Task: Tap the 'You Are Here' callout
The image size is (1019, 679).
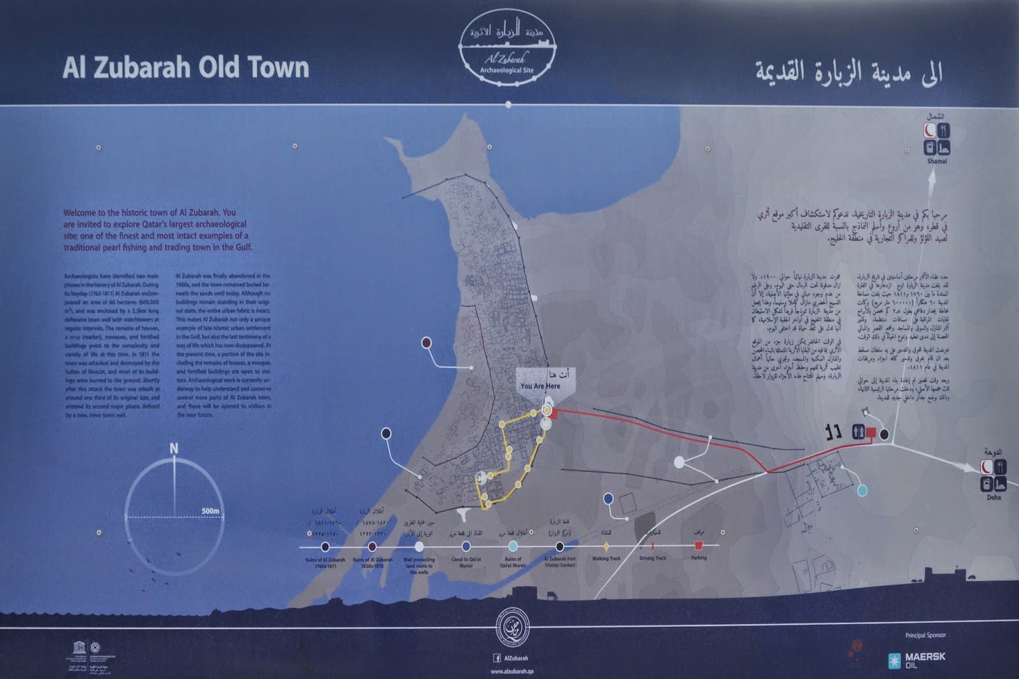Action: [x=541, y=385]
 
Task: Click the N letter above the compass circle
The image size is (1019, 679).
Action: [x=173, y=449]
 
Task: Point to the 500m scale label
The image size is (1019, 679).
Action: [x=210, y=511]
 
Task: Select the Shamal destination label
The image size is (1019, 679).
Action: [x=937, y=161]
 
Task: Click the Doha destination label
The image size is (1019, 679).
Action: [x=994, y=497]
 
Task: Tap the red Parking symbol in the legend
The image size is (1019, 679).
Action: [x=699, y=546]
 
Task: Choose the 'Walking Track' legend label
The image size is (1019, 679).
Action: [x=606, y=559]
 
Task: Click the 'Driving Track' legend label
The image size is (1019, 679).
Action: [x=652, y=559]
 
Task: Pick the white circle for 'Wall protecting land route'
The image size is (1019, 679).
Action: [x=419, y=547]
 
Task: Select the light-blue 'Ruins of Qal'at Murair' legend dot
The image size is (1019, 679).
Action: [x=513, y=547]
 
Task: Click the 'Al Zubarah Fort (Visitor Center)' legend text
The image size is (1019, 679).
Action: [x=560, y=562]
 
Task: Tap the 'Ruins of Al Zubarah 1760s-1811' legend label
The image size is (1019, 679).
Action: [x=325, y=562]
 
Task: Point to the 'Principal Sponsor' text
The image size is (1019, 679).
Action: [x=925, y=635]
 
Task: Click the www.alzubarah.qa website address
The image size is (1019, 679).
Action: [x=511, y=671]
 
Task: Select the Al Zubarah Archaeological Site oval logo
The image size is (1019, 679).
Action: [x=508, y=48]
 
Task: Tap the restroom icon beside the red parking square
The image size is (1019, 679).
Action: [x=858, y=432]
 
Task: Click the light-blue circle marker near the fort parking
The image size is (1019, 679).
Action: [x=862, y=490]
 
